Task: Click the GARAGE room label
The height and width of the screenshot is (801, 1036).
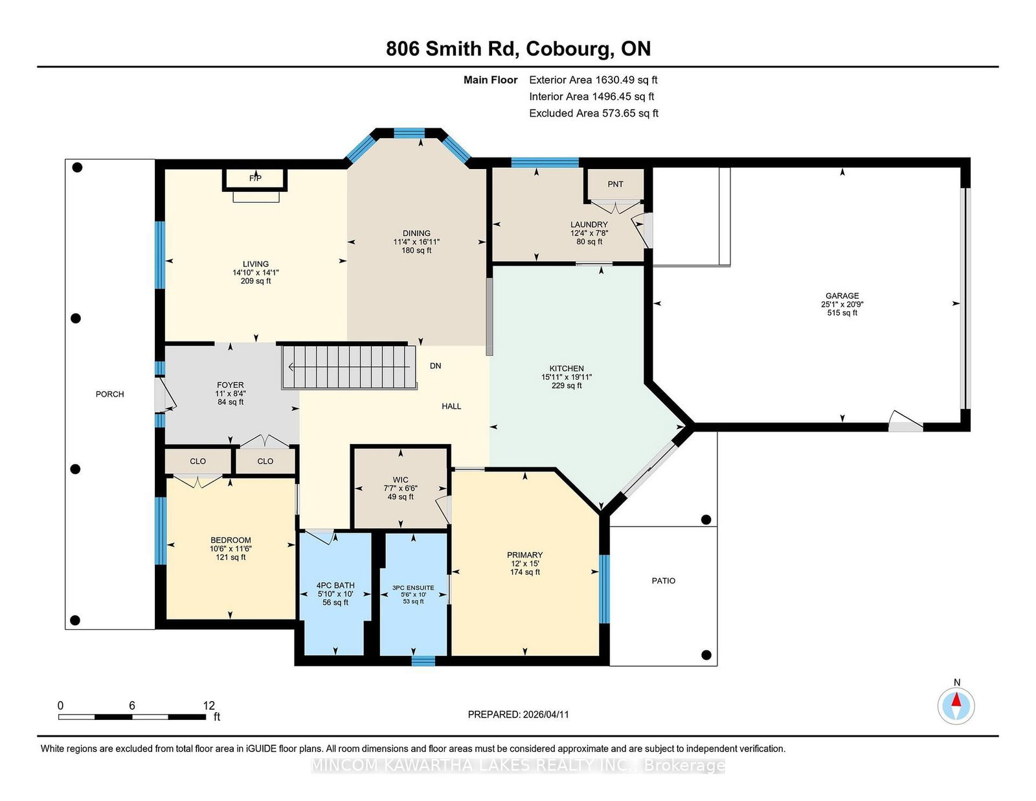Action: [x=842, y=296]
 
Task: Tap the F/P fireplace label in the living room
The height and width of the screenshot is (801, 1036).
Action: [x=255, y=178]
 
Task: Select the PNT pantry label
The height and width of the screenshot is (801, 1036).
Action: [x=615, y=184]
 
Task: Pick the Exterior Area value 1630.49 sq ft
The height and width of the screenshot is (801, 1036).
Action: [x=626, y=80]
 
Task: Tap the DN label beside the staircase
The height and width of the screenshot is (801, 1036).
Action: [x=435, y=366]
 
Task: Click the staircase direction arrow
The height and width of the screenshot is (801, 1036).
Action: [x=350, y=367]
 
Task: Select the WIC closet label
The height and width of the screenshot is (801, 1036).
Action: [x=400, y=480]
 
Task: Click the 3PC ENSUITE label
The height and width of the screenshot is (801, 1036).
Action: [x=413, y=588]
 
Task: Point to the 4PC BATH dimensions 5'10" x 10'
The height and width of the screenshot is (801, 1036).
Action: [x=335, y=594]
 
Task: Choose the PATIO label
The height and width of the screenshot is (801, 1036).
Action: [x=663, y=581]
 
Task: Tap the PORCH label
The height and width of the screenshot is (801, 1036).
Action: [x=109, y=394]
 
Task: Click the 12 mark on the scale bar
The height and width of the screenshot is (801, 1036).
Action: [x=209, y=705]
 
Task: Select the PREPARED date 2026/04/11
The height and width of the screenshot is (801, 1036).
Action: [x=546, y=715]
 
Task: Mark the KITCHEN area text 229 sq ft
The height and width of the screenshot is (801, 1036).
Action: [x=567, y=386]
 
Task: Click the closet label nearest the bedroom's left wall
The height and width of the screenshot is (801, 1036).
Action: [x=198, y=461]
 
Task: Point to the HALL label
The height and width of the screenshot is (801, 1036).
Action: [x=451, y=406]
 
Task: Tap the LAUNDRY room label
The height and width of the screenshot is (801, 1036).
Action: [x=589, y=225]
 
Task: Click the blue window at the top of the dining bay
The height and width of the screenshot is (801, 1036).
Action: [x=409, y=133]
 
